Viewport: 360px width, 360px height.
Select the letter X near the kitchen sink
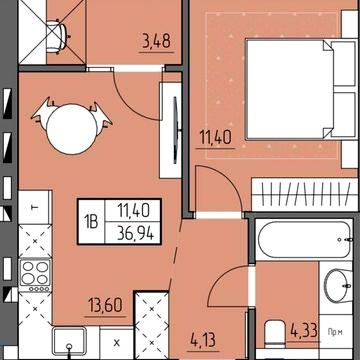click(117, 343)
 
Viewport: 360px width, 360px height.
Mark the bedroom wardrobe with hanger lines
click(300, 193)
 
